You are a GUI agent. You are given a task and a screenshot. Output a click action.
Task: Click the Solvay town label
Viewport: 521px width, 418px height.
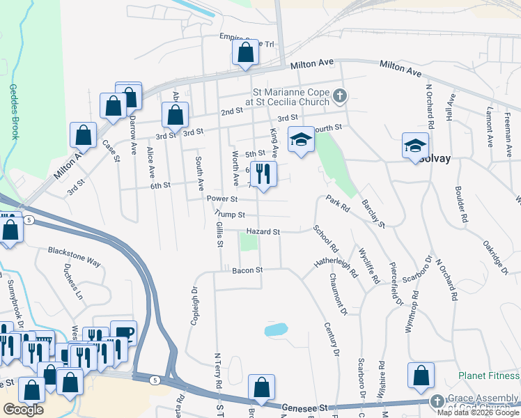click(x=437, y=159)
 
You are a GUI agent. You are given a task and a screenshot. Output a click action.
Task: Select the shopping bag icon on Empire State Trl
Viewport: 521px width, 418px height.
click(x=245, y=52)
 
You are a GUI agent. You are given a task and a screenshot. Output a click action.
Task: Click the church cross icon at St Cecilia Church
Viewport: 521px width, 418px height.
click(x=340, y=95)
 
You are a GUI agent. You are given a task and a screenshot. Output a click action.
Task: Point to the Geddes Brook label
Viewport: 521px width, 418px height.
click(x=13, y=111)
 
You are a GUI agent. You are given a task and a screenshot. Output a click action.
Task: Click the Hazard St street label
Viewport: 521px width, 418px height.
click(x=263, y=231)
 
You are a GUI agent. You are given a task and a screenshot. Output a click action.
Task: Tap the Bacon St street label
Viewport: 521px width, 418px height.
click(x=247, y=270)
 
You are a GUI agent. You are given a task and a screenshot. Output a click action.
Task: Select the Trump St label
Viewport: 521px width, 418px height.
click(x=231, y=215)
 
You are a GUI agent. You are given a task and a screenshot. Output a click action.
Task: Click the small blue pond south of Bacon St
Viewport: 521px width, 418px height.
click(x=277, y=329)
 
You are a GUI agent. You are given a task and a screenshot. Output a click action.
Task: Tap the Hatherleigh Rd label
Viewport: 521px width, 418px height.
click(x=335, y=264)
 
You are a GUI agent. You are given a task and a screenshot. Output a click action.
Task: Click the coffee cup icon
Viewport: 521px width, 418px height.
click(x=123, y=332)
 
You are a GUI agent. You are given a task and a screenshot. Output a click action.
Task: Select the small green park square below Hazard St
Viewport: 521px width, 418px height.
click(x=249, y=242)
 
